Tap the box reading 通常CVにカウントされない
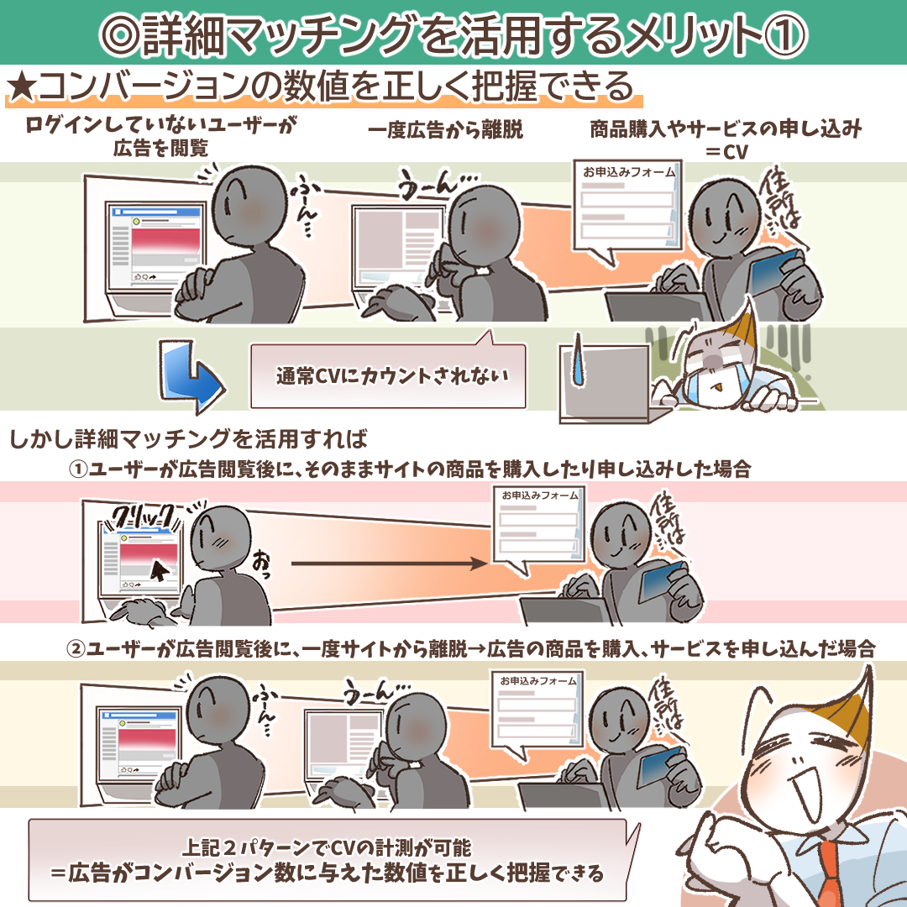(x=388, y=376)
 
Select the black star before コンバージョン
(x=22, y=87)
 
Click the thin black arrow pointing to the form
(x=389, y=564)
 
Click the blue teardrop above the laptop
(x=577, y=359)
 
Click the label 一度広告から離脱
(x=445, y=129)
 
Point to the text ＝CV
(x=726, y=151)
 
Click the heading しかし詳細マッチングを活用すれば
(x=189, y=439)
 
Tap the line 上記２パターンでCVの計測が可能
(x=327, y=848)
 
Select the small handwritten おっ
(x=260, y=564)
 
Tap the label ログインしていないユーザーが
(x=160, y=124)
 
